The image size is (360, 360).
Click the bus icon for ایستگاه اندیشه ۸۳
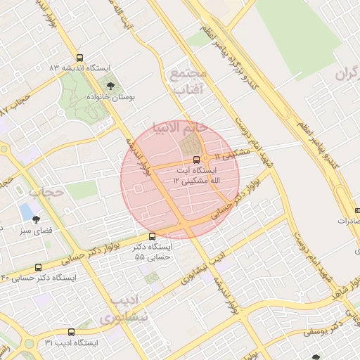click(79, 58)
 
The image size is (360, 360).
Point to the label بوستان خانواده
click(110, 96)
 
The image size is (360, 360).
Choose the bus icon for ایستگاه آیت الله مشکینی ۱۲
click(196, 160)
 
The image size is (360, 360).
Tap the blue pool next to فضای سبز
click(26, 211)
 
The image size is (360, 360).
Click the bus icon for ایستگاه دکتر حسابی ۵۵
click(153, 237)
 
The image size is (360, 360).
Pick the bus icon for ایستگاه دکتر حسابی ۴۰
click(38, 267)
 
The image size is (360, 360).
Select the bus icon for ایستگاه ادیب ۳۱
click(71, 332)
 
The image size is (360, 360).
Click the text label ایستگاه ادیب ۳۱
click(71, 342)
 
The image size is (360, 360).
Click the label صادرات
click(348, 220)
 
